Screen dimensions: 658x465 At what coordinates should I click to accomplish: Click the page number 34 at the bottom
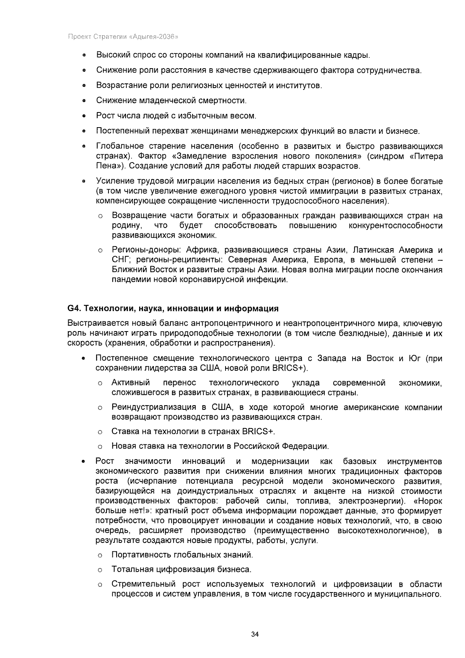[255, 634]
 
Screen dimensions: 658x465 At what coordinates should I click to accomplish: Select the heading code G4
[73, 309]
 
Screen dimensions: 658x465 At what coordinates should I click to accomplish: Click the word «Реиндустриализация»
[153, 407]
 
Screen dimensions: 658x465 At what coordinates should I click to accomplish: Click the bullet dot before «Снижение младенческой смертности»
[83, 101]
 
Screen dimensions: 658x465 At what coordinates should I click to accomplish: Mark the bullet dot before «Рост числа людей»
[83, 116]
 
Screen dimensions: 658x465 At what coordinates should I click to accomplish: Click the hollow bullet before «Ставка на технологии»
[100, 432]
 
